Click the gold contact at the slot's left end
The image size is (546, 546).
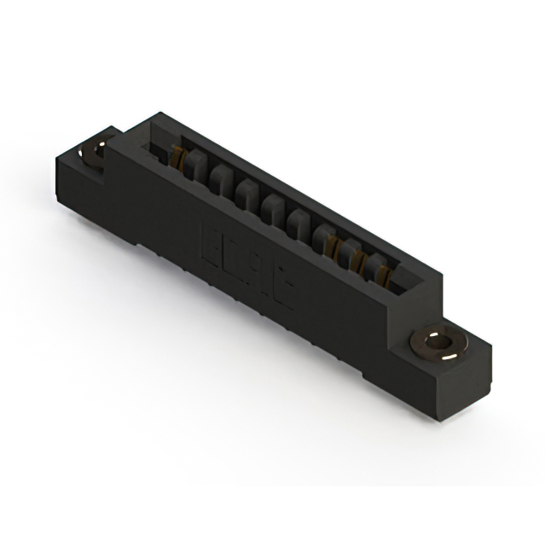click(179, 159)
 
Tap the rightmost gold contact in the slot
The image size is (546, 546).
click(383, 276)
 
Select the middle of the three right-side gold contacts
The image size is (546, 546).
click(357, 261)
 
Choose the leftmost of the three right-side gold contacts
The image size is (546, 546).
click(333, 247)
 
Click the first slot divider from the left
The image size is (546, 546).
click(191, 166)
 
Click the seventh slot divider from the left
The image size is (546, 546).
click(346, 252)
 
